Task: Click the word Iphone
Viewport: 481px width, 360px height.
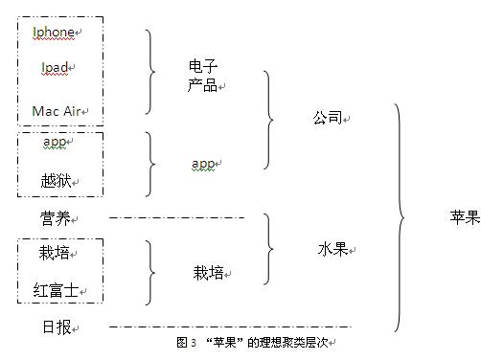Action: (x=54, y=32)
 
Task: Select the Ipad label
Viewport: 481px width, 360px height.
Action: (x=55, y=67)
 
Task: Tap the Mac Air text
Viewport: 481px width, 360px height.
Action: (x=57, y=111)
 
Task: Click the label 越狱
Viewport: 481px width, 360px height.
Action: (x=56, y=181)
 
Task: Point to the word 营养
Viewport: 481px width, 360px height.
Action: (x=56, y=218)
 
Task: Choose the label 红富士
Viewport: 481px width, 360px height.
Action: (x=56, y=290)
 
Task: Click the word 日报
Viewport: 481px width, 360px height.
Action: (x=57, y=327)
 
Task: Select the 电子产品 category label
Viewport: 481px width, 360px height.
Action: (x=203, y=76)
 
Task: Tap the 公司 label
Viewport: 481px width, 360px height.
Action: (x=328, y=118)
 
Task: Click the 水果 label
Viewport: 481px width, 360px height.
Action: (x=333, y=249)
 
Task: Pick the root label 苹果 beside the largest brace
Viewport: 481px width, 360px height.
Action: (x=465, y=217)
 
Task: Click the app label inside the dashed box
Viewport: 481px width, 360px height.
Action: (x=55, y=142)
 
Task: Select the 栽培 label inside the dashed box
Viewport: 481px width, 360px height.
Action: (x=55, y=252)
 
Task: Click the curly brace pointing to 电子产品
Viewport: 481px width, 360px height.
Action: (x=150, y=72)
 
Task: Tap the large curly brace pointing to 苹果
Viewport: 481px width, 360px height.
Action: (x=400, y=217)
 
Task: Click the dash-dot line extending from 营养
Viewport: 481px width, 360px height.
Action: (x=177, y=218)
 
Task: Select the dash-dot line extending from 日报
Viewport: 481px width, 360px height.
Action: (x=230, y=326)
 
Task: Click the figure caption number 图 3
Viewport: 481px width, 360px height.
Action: (x=186, y=343)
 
